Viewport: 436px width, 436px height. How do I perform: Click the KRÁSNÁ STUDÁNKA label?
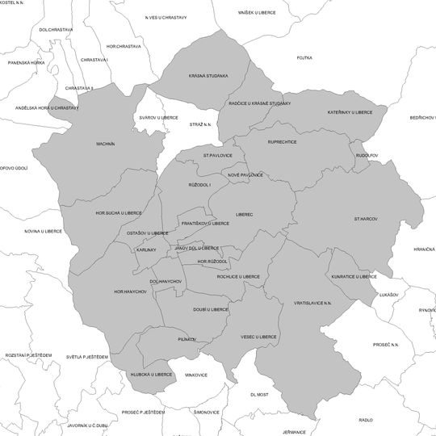pos(208,76)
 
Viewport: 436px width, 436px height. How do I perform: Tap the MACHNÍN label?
pos(106,144)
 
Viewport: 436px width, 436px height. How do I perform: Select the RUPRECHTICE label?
pos(283,142)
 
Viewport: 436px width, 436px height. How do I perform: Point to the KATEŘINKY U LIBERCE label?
pos(350,112)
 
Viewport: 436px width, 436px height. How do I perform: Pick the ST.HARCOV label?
pos(367,219)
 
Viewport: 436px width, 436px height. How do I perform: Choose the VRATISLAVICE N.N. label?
pos(312,303)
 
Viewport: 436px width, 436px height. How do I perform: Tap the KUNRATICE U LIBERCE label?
pos(354,276)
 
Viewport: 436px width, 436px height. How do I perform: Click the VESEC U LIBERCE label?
pos(258,337)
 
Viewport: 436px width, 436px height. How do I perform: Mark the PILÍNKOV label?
pos(187,339)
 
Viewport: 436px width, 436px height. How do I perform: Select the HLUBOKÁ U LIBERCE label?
pos(151,375)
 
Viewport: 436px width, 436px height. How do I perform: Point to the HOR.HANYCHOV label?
pos(130,291)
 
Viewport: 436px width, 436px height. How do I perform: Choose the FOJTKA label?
pos(304,58)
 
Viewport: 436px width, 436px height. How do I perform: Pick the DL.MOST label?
pos(259,395)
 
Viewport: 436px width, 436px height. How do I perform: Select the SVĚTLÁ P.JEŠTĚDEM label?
pos(87,356)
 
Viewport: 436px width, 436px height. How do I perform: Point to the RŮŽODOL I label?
pos(199,185)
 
